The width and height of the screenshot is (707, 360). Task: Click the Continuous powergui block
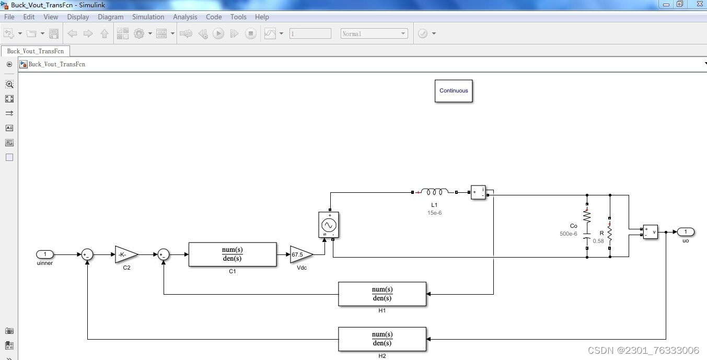tap(454, 91)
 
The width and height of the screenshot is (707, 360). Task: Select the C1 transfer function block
tap(233, 254)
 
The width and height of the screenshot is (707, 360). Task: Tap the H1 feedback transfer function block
tap(382, 294)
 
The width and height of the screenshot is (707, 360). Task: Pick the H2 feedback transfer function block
tap(382, 339)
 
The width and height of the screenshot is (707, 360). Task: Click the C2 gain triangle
tap(125, 254)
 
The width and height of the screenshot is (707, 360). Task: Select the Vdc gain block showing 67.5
tap(300, 254)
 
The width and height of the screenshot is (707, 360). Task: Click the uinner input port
tap(45, 254)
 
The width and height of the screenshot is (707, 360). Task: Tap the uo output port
tap(686, 231)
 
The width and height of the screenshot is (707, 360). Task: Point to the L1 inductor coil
tap(434, 192)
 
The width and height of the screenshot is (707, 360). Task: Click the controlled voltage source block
tap(329, 225)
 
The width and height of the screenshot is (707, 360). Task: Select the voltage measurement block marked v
tap(651, 231)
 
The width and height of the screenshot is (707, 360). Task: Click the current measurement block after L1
tap(478, 192)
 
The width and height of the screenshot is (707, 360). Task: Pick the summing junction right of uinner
tap(87, 254)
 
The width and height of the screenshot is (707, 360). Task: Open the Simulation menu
tap(148, 17)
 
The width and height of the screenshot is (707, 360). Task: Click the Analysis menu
tap(185, 17)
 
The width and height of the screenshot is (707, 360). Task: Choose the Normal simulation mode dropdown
tap(374, 33)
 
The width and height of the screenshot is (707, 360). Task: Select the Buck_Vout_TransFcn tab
tap(36, 51)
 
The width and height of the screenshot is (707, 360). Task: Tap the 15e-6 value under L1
tap(434, 213)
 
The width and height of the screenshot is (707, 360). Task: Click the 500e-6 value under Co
tap(569, 234)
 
